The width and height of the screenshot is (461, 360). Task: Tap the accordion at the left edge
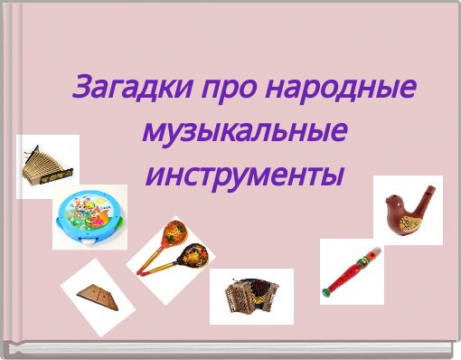[44, 163]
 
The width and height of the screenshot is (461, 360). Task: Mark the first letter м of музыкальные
[153, 133]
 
